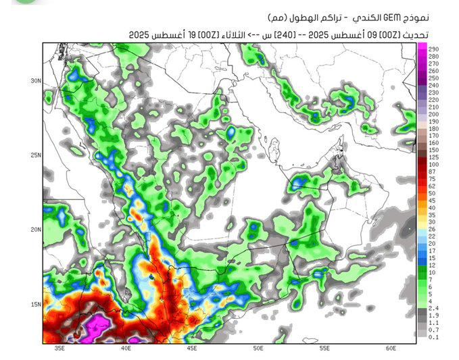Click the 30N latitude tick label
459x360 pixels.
point(35,80)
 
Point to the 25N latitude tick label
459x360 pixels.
point(35,155)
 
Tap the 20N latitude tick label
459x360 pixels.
point(35,229)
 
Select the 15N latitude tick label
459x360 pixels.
point(35,304)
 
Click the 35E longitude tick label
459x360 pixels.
point(59,349)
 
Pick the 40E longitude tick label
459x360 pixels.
point(126,349)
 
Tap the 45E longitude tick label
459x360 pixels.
point(192,349)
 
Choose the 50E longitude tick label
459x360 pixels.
point(258,349)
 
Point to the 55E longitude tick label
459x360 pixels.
point(324,349)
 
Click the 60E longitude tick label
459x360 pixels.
point(391,349)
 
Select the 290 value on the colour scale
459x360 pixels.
point(433,49)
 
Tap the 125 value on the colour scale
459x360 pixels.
point(433,157)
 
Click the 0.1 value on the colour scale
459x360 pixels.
point(433,336)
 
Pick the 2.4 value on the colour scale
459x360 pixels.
point(433,307)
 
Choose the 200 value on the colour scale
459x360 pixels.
point(433,114)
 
